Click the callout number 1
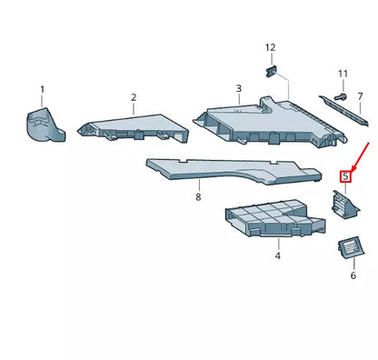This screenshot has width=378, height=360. [x=41, y=89]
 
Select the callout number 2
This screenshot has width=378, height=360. [x=133, y=97]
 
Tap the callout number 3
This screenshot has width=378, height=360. [x=238, y=89]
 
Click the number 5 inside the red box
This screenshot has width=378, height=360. [x=344, y=177]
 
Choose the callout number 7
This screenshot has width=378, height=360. [x=360, y=96]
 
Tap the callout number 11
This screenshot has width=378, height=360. [x=343, y=73]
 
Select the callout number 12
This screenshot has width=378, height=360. [x=270, y=46]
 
